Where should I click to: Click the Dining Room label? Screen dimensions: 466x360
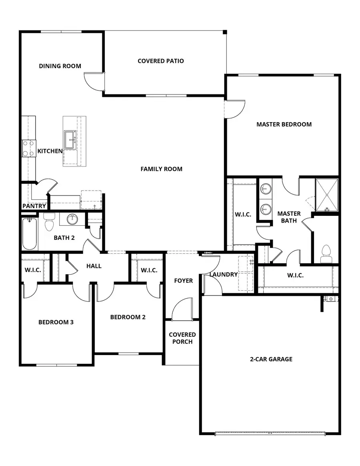60,66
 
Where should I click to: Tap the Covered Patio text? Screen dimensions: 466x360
161,61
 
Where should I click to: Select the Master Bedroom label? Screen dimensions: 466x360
284,124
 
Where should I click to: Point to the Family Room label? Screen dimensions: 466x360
161,169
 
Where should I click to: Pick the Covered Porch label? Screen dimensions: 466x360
182,338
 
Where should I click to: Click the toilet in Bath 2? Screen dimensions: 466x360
49,223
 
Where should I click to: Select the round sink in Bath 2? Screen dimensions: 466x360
72,219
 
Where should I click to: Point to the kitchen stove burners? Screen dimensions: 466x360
28,148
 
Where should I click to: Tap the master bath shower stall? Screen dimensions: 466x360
327,195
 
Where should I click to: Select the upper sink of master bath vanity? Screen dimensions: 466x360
265,189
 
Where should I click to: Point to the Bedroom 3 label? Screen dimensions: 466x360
56,322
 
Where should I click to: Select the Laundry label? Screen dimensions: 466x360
224,275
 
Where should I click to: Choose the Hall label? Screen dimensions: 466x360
94,266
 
